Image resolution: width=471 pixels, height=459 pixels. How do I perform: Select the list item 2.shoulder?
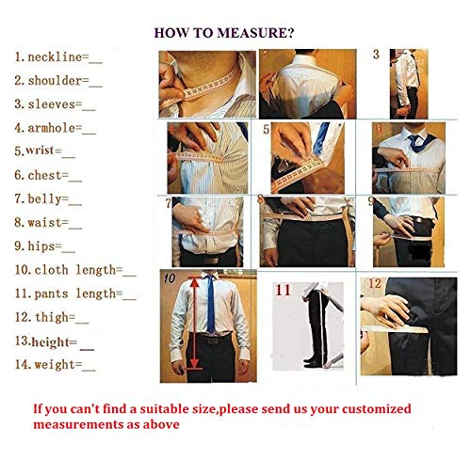click(57, 81)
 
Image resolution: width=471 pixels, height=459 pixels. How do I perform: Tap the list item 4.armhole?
click(54, 127)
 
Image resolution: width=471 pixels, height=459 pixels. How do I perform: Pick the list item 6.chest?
click(47, 175)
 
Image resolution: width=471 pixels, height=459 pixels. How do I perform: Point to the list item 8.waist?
click(47, 223)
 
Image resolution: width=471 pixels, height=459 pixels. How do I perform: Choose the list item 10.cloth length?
click(74, 271)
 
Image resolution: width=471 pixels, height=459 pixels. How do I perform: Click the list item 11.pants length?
click(74, 294)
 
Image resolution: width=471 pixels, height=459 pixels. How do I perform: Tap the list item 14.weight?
click(54, 365)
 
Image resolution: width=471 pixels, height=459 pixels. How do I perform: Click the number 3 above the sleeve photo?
click(376, 55)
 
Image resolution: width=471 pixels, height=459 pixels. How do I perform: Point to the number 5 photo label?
click(267, 130)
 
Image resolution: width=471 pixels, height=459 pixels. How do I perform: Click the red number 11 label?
click(283, 291)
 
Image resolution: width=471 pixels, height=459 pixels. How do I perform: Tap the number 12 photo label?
click(375, 283)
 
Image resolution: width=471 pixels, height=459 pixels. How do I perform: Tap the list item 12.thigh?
click(48, 318)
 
